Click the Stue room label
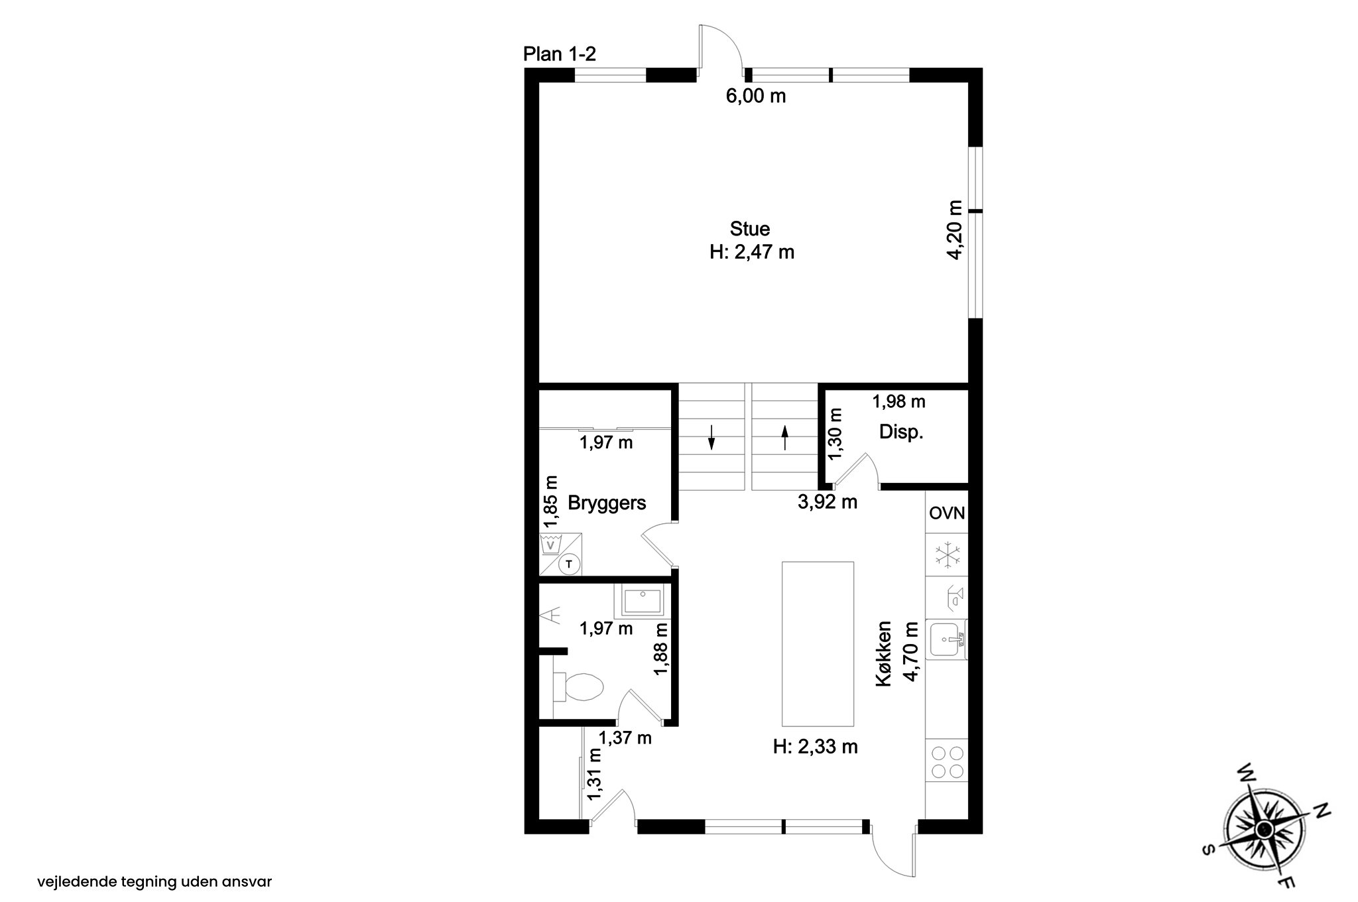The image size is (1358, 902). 750,229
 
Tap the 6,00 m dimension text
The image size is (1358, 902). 756,96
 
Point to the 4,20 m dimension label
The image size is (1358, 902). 955,229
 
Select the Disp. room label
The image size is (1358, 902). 901,432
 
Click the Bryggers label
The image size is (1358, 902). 607,503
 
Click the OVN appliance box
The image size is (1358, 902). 947,513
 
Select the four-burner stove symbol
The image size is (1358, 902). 947,761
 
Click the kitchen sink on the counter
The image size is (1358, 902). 947,639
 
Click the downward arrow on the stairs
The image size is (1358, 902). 711,437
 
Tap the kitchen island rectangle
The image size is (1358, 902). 818,644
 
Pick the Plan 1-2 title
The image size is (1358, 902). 560,54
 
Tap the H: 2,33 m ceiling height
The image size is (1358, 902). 816,747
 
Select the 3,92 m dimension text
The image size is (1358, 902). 828,502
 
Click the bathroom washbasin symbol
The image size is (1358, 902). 642,602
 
